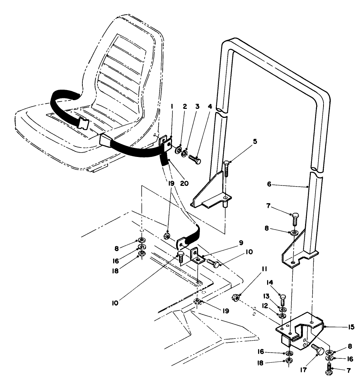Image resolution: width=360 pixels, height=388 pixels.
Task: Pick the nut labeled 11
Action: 234,298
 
